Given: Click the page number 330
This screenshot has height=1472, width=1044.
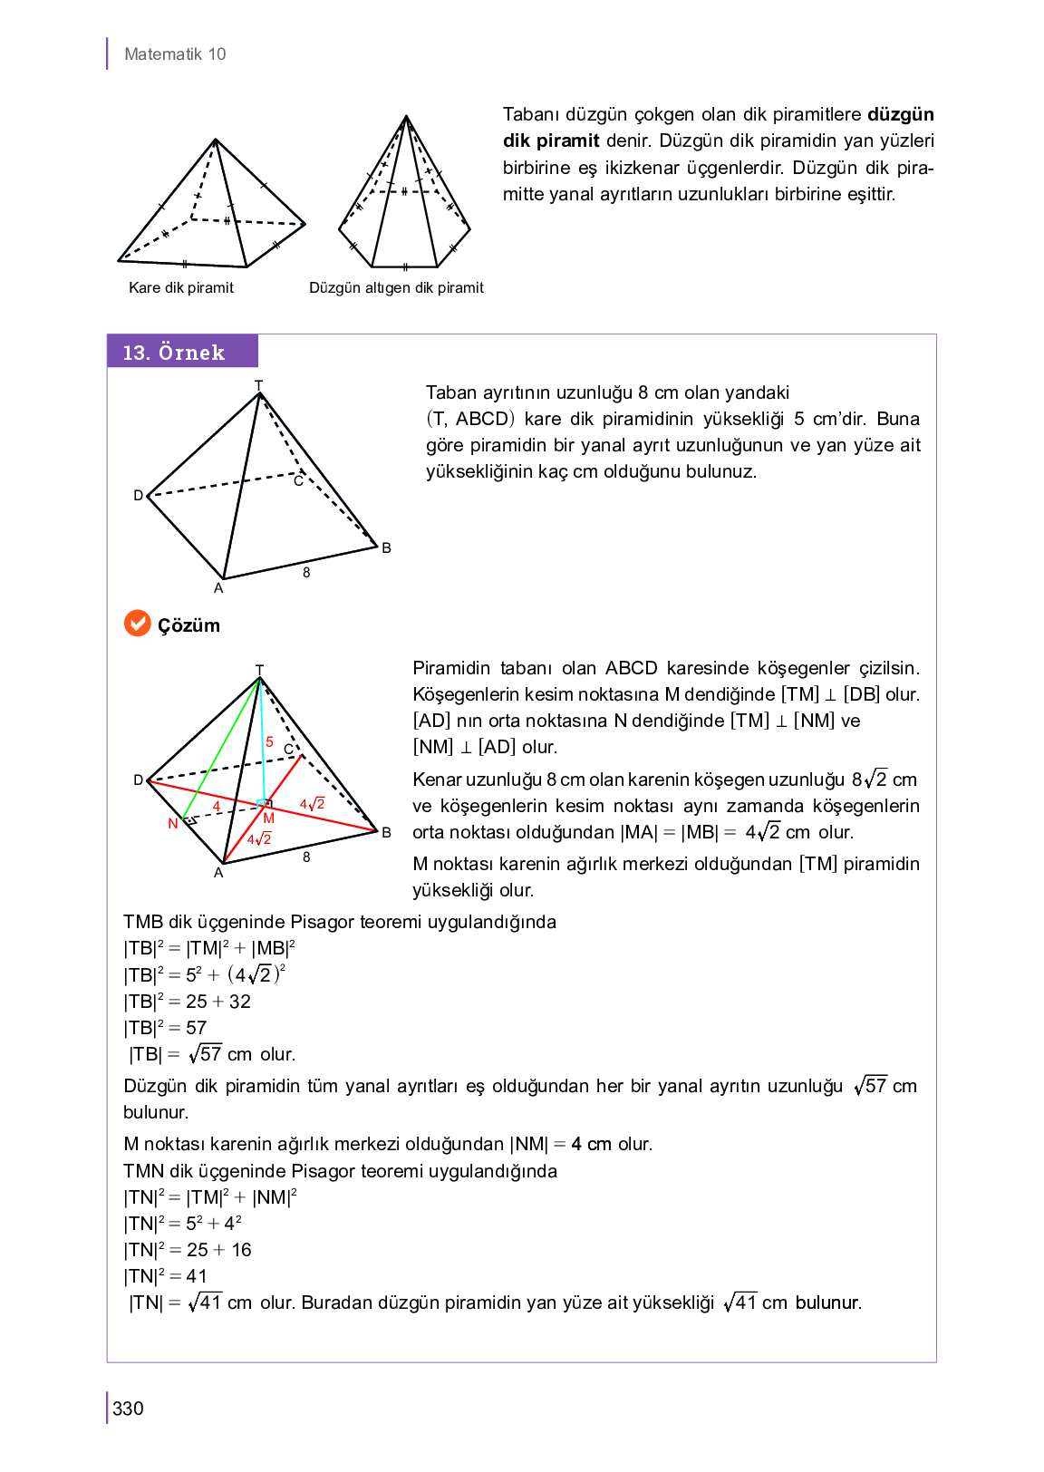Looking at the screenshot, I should coord(128,1408).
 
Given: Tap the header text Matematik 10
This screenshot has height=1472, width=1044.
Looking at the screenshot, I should coord(175,54).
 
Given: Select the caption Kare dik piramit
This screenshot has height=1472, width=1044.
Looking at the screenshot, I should coord(181,287).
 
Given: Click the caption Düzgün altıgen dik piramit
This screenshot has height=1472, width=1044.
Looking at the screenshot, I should coord(396,287).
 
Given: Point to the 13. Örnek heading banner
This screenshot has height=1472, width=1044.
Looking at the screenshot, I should coord(182,352).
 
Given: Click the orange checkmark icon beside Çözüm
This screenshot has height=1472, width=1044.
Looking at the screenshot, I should coord(137,624).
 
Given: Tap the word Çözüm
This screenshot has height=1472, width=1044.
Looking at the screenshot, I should coord(188,625).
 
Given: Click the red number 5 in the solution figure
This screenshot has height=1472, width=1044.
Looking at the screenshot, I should coord(269,742).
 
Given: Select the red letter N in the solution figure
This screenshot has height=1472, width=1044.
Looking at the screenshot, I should coord(172,823).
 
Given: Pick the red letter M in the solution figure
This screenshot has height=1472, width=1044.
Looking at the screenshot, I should coord(269,818).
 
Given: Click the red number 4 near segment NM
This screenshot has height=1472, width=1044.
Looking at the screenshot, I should coord(217,806).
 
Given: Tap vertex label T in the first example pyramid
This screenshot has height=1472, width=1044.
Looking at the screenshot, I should coord(258,385).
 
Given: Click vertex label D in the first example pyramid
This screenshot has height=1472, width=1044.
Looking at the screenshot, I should coord(139,495).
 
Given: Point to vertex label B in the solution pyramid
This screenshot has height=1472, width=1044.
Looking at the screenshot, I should coord(386,832).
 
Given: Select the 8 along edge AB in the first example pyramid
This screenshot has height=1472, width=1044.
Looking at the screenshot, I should coord(306,572).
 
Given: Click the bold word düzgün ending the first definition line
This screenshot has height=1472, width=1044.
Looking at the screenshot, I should coord(900,114).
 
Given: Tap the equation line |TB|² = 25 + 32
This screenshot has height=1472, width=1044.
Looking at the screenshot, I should coord(188,1002).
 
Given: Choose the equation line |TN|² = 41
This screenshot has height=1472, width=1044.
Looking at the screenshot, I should coord(166,1276).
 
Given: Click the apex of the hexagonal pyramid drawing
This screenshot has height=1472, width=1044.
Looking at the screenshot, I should coord(406,116).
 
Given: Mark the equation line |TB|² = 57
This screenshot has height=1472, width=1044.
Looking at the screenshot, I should coord(166,1028).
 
